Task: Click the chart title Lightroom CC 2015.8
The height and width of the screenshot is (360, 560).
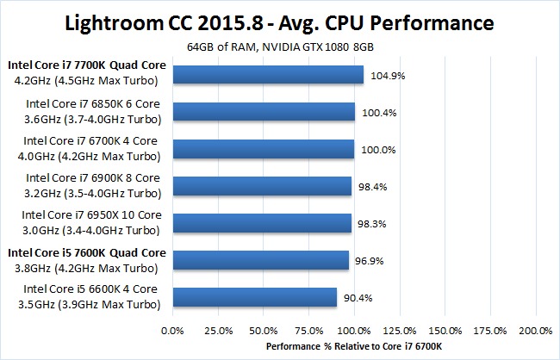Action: (x=279, y=21)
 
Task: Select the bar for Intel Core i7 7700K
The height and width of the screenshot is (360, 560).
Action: (x=268, y=75)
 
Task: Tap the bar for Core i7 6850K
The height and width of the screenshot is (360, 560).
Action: (x=264, y=112)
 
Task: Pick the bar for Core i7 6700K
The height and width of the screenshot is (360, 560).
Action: (x=264, y=149)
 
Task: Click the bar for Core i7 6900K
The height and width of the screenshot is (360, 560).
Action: (x=262, y=186)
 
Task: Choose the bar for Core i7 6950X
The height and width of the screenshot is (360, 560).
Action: (x=262, y=223)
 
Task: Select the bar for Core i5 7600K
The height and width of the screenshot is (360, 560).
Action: (x=261, y=260)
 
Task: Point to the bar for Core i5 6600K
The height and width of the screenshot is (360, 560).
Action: (x=255, y=297)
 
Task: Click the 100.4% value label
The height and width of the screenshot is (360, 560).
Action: (x=379, y=112)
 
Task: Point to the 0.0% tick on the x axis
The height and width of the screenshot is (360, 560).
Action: (x=173, y=330)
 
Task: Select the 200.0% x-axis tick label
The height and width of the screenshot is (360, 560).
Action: (x=536, y=330)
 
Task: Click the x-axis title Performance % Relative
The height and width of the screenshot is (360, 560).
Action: (x=354, y=347)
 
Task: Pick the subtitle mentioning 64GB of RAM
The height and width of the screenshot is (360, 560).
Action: (x=280, y=46)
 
